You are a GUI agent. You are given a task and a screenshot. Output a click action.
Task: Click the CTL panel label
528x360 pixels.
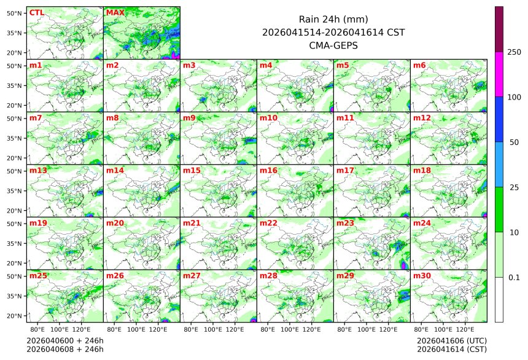coord(36,12)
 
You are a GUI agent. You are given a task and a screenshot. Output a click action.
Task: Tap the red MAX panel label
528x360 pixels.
coord(115,12)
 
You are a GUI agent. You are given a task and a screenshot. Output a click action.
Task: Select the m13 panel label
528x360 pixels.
coord(37,170)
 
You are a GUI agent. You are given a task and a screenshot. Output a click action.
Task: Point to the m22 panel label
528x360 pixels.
coord(268,223)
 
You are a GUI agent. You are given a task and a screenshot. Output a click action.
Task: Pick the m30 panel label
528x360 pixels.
coord(421,276)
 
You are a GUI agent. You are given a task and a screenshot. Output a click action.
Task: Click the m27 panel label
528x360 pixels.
coord(191,276)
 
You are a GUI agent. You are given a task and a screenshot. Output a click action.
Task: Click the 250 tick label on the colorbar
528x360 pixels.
coord(514,52)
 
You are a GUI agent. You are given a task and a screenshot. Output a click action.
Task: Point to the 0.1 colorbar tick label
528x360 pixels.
coord(514,278)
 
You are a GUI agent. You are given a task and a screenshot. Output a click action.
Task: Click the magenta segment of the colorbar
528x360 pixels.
coord(499,74)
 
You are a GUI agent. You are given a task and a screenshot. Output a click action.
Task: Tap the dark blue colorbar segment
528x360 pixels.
coord(499,119)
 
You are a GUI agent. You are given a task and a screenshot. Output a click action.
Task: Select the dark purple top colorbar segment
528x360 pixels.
coord(499,29)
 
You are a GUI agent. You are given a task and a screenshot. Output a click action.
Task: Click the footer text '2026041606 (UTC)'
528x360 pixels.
coord(451,340)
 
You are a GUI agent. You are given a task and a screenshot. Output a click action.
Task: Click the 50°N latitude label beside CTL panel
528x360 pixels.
coord(15,13)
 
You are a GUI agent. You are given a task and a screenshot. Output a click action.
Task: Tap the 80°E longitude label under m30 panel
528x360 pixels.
coord(421,330)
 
